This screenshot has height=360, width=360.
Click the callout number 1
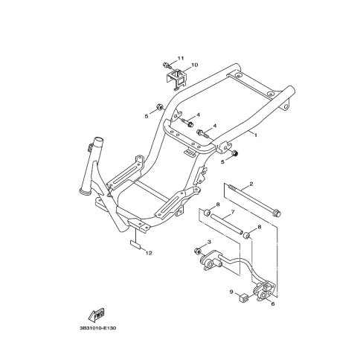[x=255, y=135]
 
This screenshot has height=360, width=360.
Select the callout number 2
[x=251, y=184]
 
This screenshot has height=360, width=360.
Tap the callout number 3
[x=209, y=242]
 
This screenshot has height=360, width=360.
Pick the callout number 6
[x=273, y=303]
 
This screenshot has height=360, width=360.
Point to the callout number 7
[x=233, y=212]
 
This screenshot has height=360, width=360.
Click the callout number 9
[x=231, y=292]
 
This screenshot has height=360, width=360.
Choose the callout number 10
[x=195, y=65]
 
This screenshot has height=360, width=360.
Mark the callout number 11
[x=181, y=58]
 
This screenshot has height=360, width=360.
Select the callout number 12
[x=149, y=253]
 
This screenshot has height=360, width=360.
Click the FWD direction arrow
[x=97, y=315]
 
